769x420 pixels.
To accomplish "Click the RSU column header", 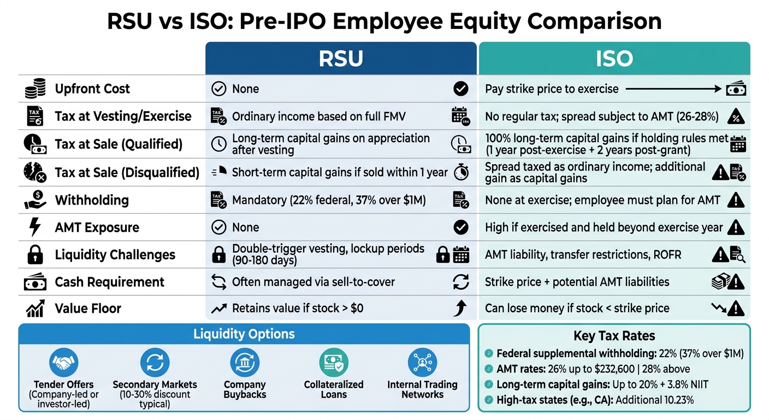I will click(x=341, y=59).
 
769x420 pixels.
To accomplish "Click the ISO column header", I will click(x=614, y=59).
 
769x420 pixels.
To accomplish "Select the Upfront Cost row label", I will click(x=92, y=89).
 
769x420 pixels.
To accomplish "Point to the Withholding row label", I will click(x=92, y=200).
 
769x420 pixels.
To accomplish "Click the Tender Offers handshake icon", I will click(x=64, y=363).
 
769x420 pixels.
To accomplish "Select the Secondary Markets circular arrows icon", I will click(x=155, y=363).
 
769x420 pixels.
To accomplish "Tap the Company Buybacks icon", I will click(x=244, y=363).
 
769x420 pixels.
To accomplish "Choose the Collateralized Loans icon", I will click(x=333, y=363).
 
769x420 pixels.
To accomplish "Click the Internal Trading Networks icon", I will click(x=422, y=363).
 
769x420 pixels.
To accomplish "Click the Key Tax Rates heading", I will click(x=614, y=336).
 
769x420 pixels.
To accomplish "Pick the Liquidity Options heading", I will click(x=244, y=334).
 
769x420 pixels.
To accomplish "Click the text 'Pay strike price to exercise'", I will click(x=552, y=89).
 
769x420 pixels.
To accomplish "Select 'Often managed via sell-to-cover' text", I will click(x=313, y=282).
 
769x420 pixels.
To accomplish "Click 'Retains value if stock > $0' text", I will click(x=298, y=308).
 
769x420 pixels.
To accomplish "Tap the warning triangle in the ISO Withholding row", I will click(x=736, y=200).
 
